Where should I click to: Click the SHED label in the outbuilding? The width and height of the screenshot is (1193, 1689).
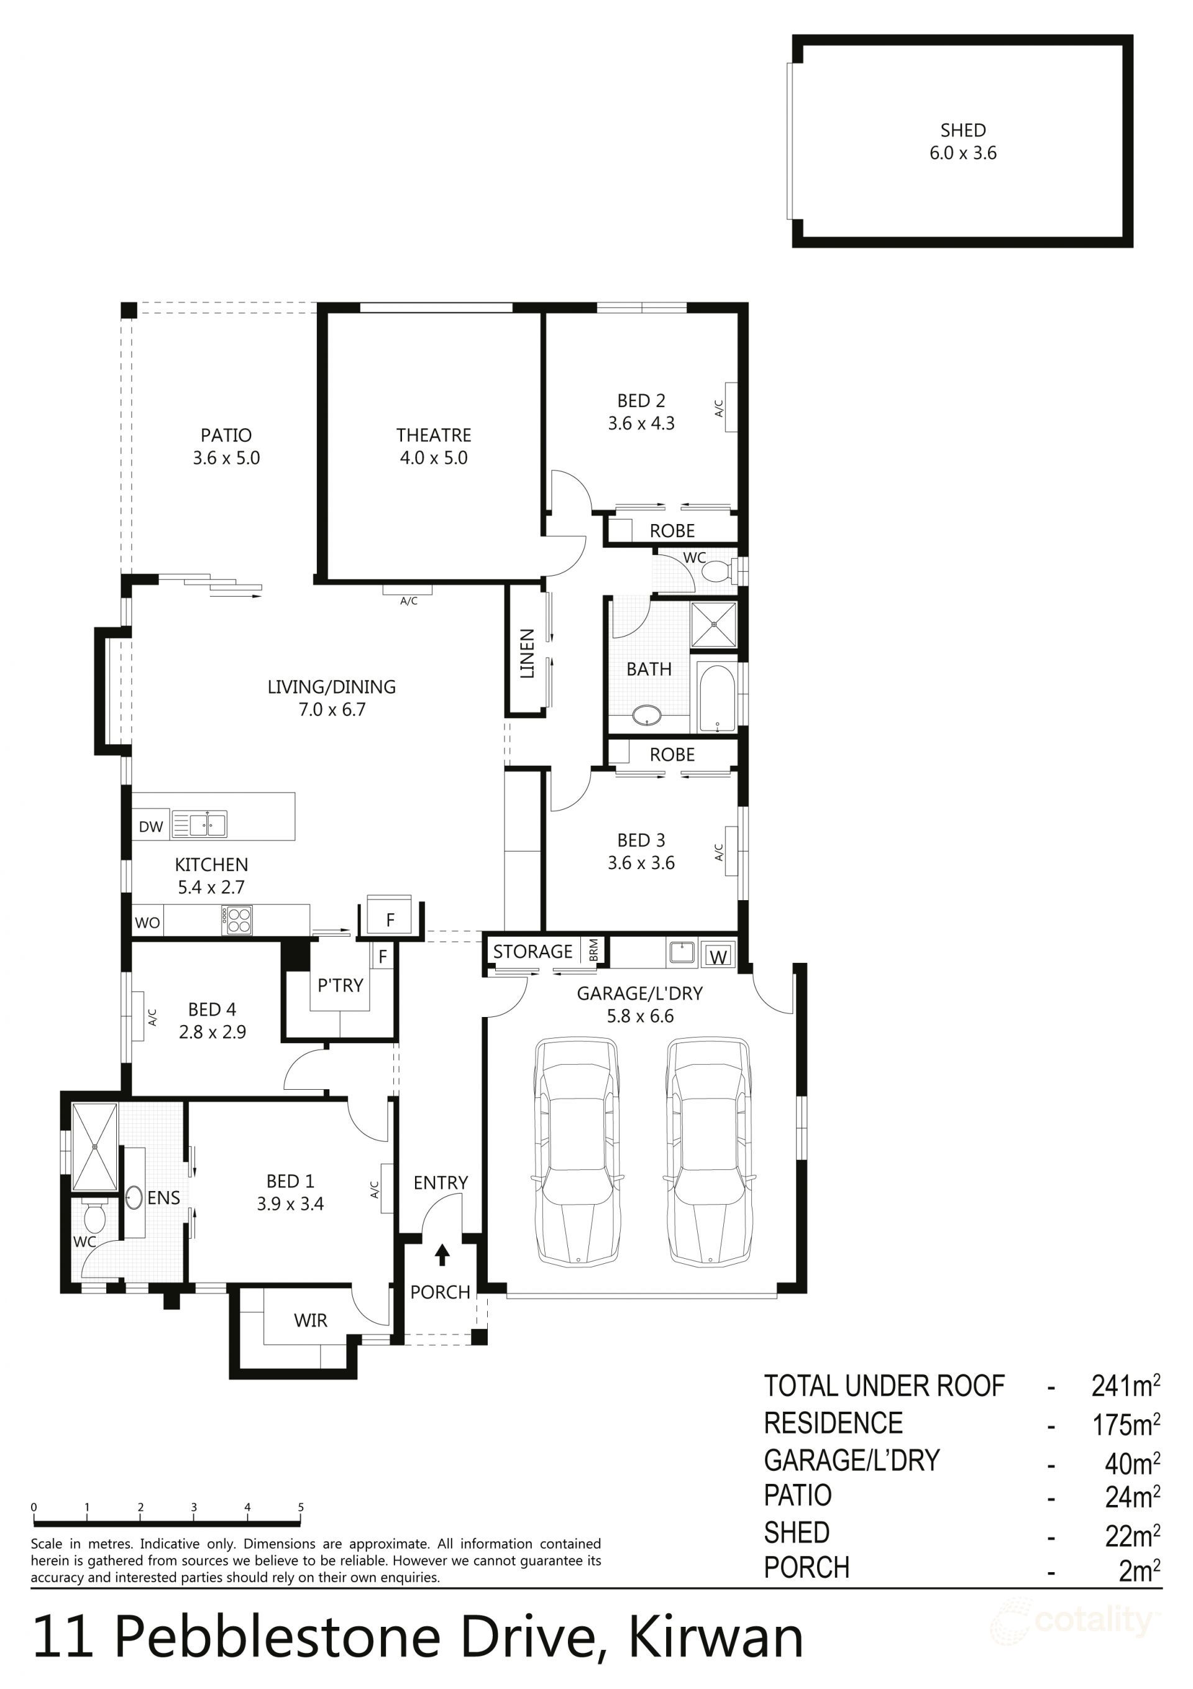962,130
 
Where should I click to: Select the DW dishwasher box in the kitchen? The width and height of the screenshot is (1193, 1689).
151,826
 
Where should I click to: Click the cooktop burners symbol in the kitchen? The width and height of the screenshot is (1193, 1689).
239,920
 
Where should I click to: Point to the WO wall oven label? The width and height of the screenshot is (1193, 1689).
147,923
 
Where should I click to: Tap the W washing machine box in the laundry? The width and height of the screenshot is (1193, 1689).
718,956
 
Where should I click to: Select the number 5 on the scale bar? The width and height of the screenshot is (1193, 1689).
301,1507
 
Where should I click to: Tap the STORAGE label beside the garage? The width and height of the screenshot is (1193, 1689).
533,951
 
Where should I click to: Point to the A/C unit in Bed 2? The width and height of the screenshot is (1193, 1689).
730,407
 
